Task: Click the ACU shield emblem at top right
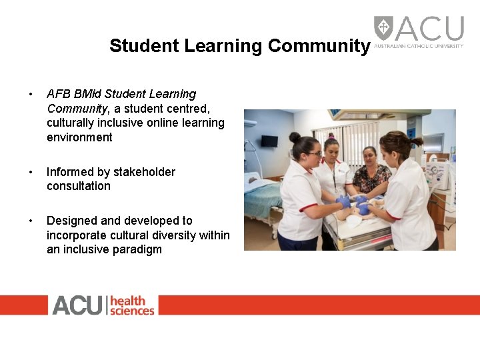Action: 383,28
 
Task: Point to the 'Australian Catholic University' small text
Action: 419,46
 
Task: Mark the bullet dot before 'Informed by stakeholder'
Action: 30,173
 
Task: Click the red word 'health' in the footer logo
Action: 127,301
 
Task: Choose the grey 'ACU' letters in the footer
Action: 77,305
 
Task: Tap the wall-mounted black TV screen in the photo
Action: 269,141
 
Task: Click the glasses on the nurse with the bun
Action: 315,154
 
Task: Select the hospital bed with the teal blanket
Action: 261,197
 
